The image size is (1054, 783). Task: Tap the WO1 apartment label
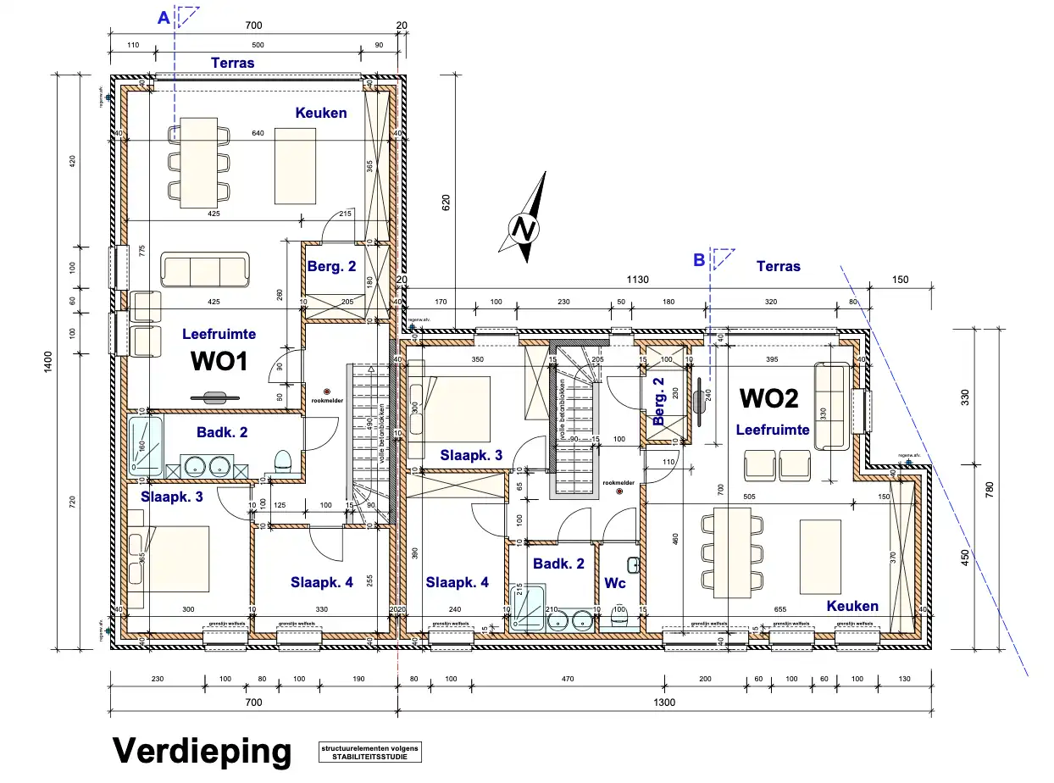219,362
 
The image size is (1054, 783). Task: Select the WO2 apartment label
768,397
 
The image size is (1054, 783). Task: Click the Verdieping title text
202,750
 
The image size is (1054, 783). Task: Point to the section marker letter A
164,17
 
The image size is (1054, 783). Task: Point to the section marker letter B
699,260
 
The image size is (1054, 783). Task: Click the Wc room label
614,584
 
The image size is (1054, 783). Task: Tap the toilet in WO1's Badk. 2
283,461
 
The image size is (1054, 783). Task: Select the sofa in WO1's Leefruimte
205,269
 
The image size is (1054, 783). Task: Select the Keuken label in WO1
321,113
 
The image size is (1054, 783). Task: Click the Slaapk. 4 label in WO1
321,582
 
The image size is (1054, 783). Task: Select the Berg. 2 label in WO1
331,266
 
